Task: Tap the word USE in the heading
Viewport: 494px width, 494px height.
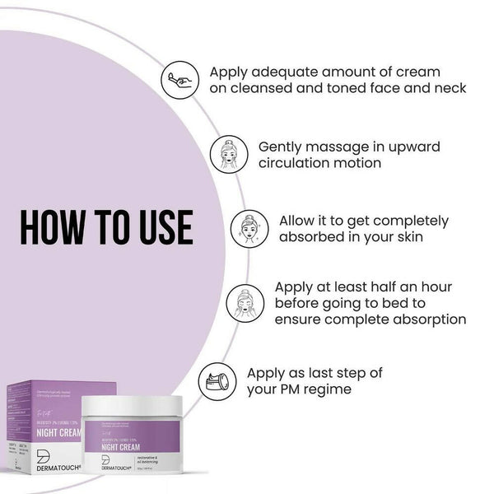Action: pos(163,227)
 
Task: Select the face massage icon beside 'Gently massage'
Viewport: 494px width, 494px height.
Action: pos(228,154)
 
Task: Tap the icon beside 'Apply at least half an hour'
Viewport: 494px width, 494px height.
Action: pos(245,302)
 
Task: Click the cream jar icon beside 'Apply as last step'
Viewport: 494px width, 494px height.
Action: pos(217,380)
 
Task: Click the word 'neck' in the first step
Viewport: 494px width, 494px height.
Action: pos(448,88)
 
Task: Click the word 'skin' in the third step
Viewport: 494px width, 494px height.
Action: pos(404,237)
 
